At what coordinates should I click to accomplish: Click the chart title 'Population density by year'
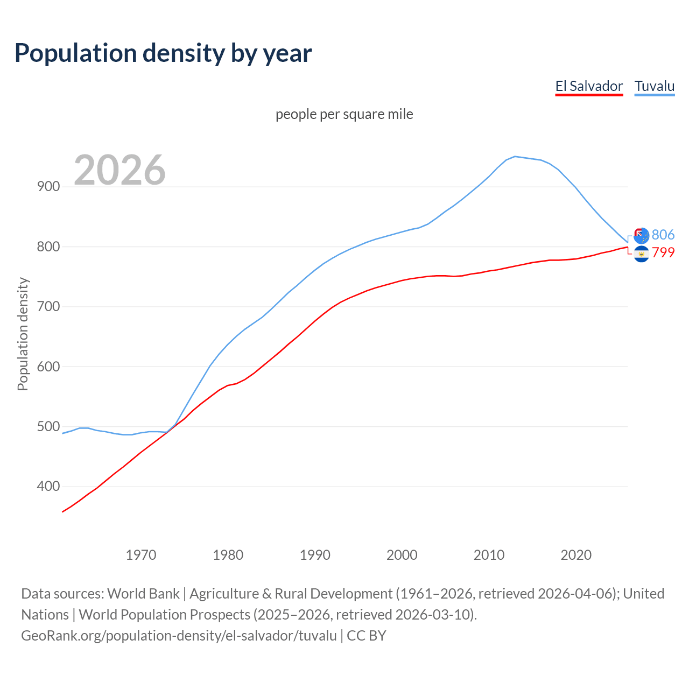[163, 53]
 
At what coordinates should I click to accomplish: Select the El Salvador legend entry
[589, 86]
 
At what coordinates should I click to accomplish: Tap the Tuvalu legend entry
[655, 86]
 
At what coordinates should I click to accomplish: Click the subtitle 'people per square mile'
[344, 114]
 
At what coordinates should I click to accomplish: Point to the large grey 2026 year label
[119, 170]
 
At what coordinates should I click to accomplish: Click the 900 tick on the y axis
[48, 187]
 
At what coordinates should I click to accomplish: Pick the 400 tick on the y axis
[48, 487]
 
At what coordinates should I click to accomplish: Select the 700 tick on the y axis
[48, 307]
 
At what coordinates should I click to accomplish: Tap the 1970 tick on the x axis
[141, 555]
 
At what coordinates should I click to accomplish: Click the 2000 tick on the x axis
[402, 555]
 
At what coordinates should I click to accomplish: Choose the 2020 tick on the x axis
[576, 555]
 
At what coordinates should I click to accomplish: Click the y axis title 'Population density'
[23, 334]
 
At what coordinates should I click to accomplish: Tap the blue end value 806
[663, 235]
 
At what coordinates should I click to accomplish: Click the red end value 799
[663, 252]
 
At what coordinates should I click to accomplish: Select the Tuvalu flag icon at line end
[641, 235]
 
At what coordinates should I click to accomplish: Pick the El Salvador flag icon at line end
[641, 254]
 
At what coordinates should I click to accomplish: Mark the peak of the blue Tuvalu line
[515, 157]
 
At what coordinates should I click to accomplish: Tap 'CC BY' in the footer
[367, 636]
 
